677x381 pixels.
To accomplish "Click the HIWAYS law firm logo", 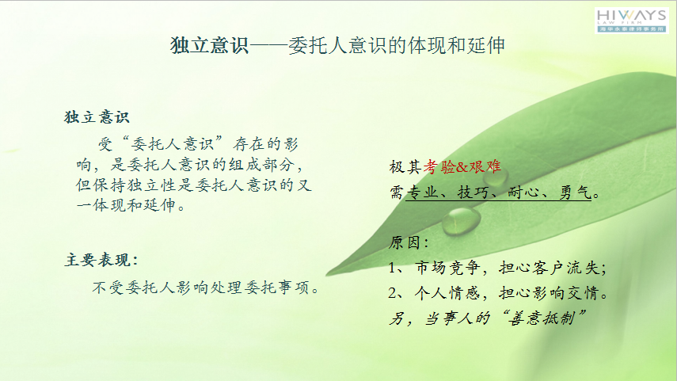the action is click(631, 21).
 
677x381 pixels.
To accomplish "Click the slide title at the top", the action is click(337, 45).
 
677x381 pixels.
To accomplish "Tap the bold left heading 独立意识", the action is click(97, 117).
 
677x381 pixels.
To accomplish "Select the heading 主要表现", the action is click(101, 260).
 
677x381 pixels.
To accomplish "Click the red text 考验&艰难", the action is click(462, 167).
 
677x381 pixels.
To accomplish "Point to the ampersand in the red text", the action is click(462, 167).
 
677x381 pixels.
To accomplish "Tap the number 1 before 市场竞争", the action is click(392, 268).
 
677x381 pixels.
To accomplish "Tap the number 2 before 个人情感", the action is click(393, 293).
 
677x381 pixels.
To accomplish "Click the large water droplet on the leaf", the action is click(461, 221).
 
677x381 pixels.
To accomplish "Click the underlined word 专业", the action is click(422, 192).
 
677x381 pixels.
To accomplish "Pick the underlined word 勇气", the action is click(575, 192).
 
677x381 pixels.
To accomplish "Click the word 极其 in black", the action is click(405, 167).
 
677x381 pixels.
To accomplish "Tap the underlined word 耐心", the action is click(523, 192).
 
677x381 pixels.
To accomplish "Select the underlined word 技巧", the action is click(474, 192).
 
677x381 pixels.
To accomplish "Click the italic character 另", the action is click(397, 318).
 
